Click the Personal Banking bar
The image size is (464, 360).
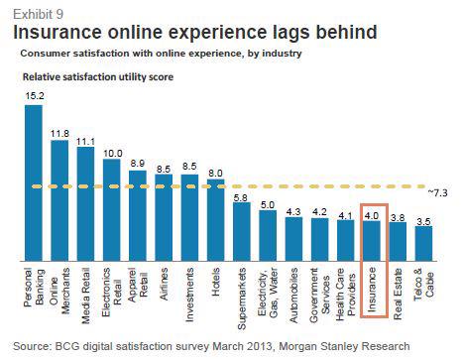click(33, 182)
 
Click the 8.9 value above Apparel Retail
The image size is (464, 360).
click(137, 160)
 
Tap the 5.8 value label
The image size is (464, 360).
click(242, 197)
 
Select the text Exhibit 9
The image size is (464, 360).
click(31, 10)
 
